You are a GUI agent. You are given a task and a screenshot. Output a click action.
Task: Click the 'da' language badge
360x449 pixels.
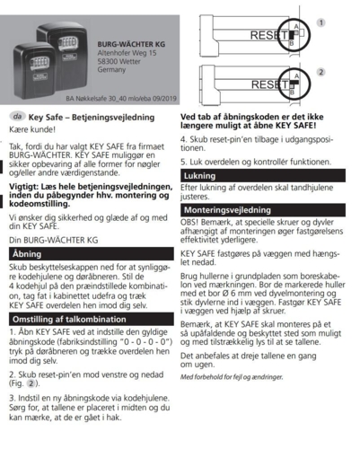[x=17, y=117]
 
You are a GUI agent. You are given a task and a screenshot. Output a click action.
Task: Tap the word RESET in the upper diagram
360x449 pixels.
[x=268, y=37]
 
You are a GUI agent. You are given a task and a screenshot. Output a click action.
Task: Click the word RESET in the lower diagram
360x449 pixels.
[x=268, y=84]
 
